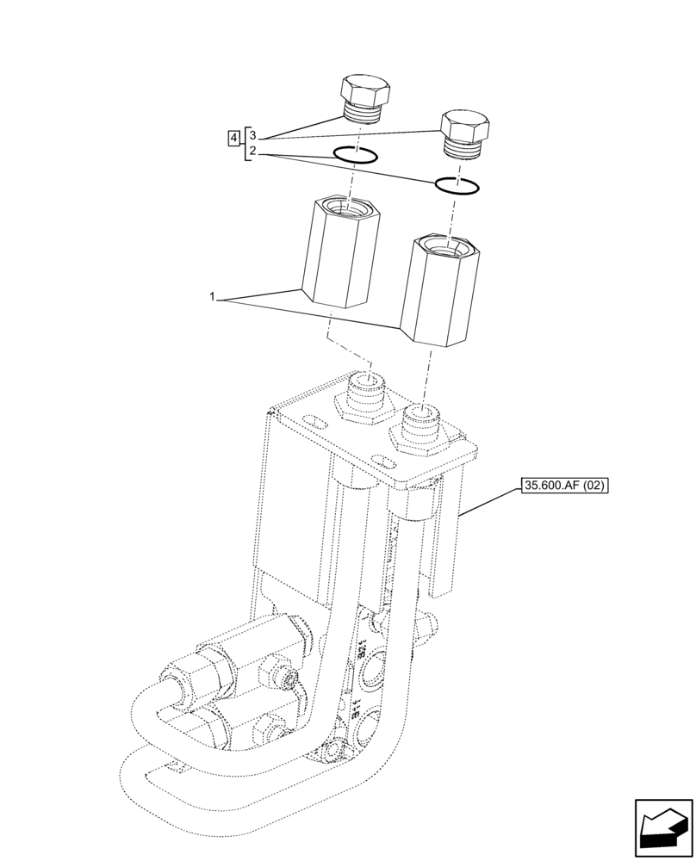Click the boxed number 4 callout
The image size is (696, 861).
coord(233,138)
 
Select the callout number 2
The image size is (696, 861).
coord(252,152)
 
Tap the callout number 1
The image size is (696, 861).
coord(211,297)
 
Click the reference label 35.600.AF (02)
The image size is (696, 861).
coord(564,486)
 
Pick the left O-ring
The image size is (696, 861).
coord(355,156)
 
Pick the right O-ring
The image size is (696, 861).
coord(457,185)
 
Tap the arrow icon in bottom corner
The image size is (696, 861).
coord(664,828)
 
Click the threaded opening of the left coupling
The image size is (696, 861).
coord(344,207)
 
